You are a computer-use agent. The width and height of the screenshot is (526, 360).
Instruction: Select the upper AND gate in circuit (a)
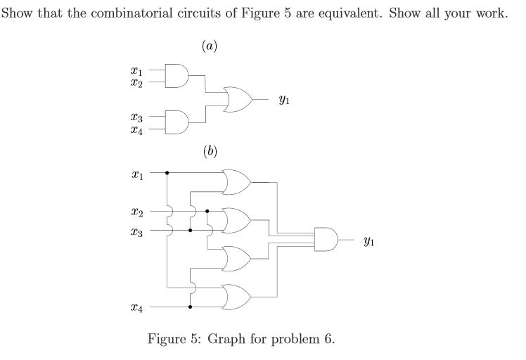[177, 75]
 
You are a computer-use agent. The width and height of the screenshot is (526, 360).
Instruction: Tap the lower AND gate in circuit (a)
[177, 122]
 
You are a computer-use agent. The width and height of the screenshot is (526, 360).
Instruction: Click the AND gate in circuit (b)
[326, 240]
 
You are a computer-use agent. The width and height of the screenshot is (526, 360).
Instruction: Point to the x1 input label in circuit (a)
[137, 71]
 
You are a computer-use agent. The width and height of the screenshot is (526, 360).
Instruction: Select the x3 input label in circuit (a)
[137, 117]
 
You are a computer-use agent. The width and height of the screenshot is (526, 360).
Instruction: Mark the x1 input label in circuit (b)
[137, 173]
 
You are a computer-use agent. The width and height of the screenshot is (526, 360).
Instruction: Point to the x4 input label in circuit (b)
[137, 308]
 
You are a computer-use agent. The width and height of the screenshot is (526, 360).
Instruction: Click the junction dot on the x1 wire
[167, 172]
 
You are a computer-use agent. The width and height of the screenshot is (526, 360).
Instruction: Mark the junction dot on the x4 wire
[190, 307]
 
